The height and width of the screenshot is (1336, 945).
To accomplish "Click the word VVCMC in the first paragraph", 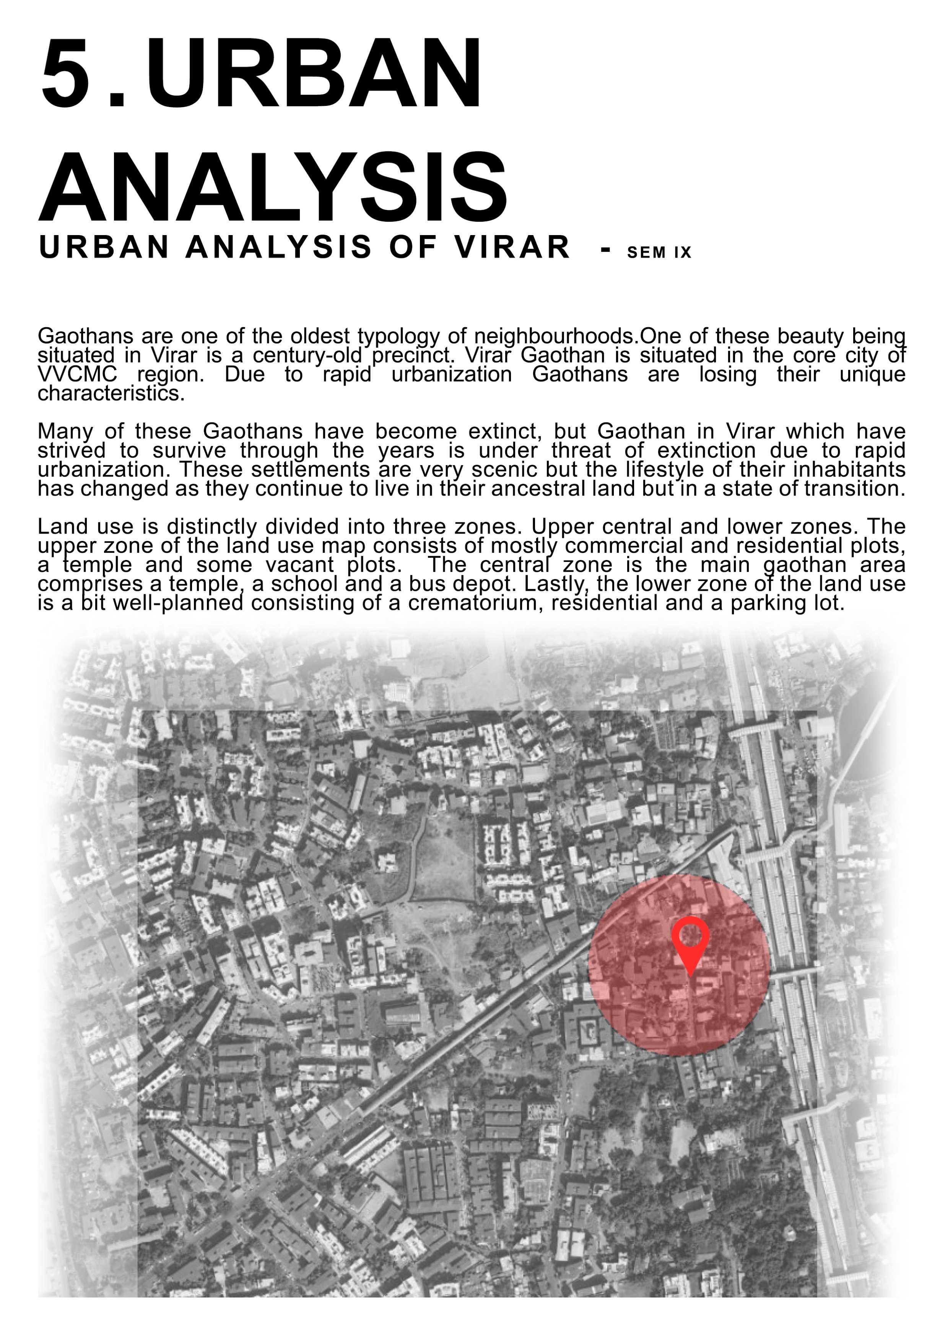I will click(x=77, y=374).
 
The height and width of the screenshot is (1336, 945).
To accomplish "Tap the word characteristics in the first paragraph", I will click(x=111, y=393).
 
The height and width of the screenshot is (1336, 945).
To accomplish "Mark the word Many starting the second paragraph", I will click(x=65, y=431).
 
